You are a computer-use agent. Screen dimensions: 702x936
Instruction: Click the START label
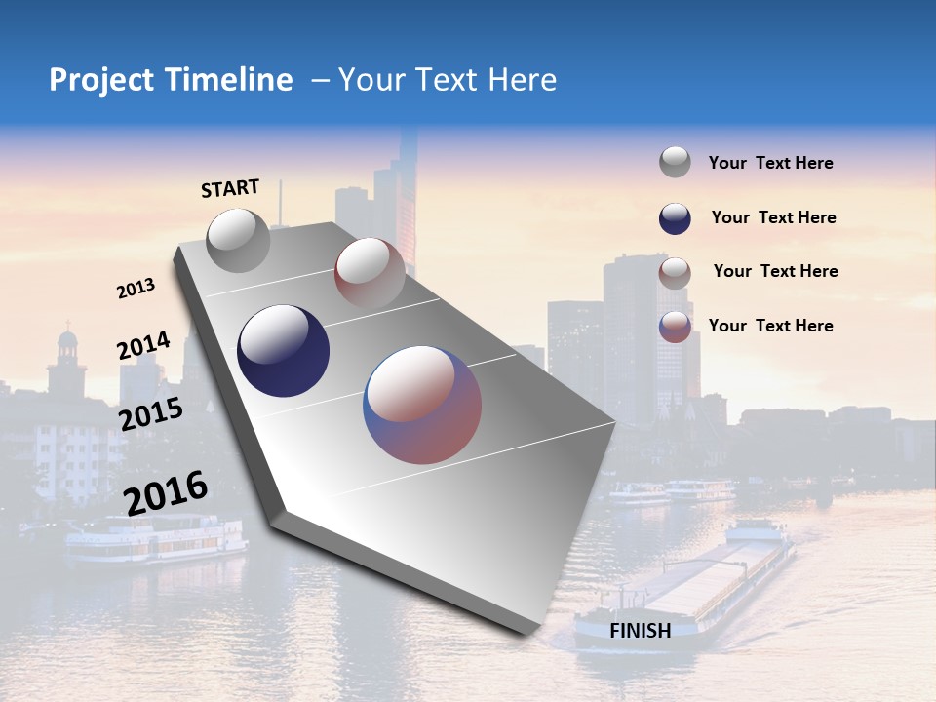pos(230,188)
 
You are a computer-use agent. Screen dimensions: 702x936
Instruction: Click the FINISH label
pos(641,631)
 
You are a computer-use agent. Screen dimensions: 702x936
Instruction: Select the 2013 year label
pos(136,289)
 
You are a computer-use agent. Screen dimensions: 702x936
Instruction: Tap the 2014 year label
pos(144,346)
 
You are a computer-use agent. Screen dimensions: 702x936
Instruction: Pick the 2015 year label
pos(151,414)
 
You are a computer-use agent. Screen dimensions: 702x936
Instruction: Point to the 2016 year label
pos(166,492)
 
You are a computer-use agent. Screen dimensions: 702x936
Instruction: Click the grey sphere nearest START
pos(238,240)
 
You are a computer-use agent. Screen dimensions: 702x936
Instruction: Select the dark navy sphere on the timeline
pos(284,351)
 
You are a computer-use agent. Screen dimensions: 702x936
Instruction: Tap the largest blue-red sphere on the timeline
pos(422,405)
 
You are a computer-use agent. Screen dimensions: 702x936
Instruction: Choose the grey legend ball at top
pos(675,163)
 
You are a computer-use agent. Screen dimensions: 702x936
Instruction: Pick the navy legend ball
pos(675,218)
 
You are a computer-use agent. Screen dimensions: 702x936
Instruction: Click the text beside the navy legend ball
pos(773,217)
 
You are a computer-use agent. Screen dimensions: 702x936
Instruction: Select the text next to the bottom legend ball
pos(770,326)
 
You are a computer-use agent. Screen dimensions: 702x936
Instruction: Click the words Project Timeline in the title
pos(171,80)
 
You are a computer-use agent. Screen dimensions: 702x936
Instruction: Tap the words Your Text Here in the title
pos(448,80)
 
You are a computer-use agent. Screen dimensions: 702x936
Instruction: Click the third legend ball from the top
pos(675,273)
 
